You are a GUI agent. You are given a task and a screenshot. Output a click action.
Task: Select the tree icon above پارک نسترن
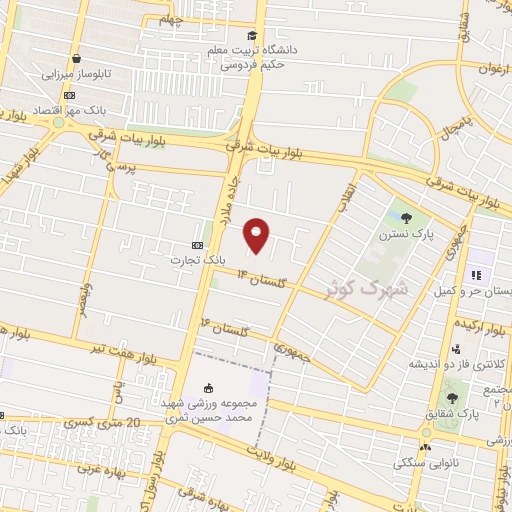pyautogui.click(x=406, y=217)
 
